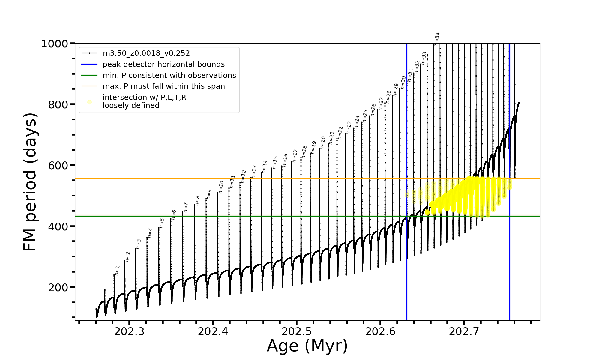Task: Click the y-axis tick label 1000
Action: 55,44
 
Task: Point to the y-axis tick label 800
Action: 58,105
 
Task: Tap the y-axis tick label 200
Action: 58,288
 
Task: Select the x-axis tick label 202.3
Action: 129,331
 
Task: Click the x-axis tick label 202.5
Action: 297,331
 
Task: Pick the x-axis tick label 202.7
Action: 464,331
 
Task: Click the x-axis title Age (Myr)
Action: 307,346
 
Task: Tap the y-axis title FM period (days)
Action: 30,182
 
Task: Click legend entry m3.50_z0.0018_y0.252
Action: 146,53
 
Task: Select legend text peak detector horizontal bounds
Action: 163,64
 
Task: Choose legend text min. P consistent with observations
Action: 169,76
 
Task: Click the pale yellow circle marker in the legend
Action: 89,102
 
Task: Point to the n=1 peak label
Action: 117,270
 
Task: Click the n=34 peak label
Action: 437,38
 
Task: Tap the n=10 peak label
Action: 221,187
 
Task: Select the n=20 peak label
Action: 323,142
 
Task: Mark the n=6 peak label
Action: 174,215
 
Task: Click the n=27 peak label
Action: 381,103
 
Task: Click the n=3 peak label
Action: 139,244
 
